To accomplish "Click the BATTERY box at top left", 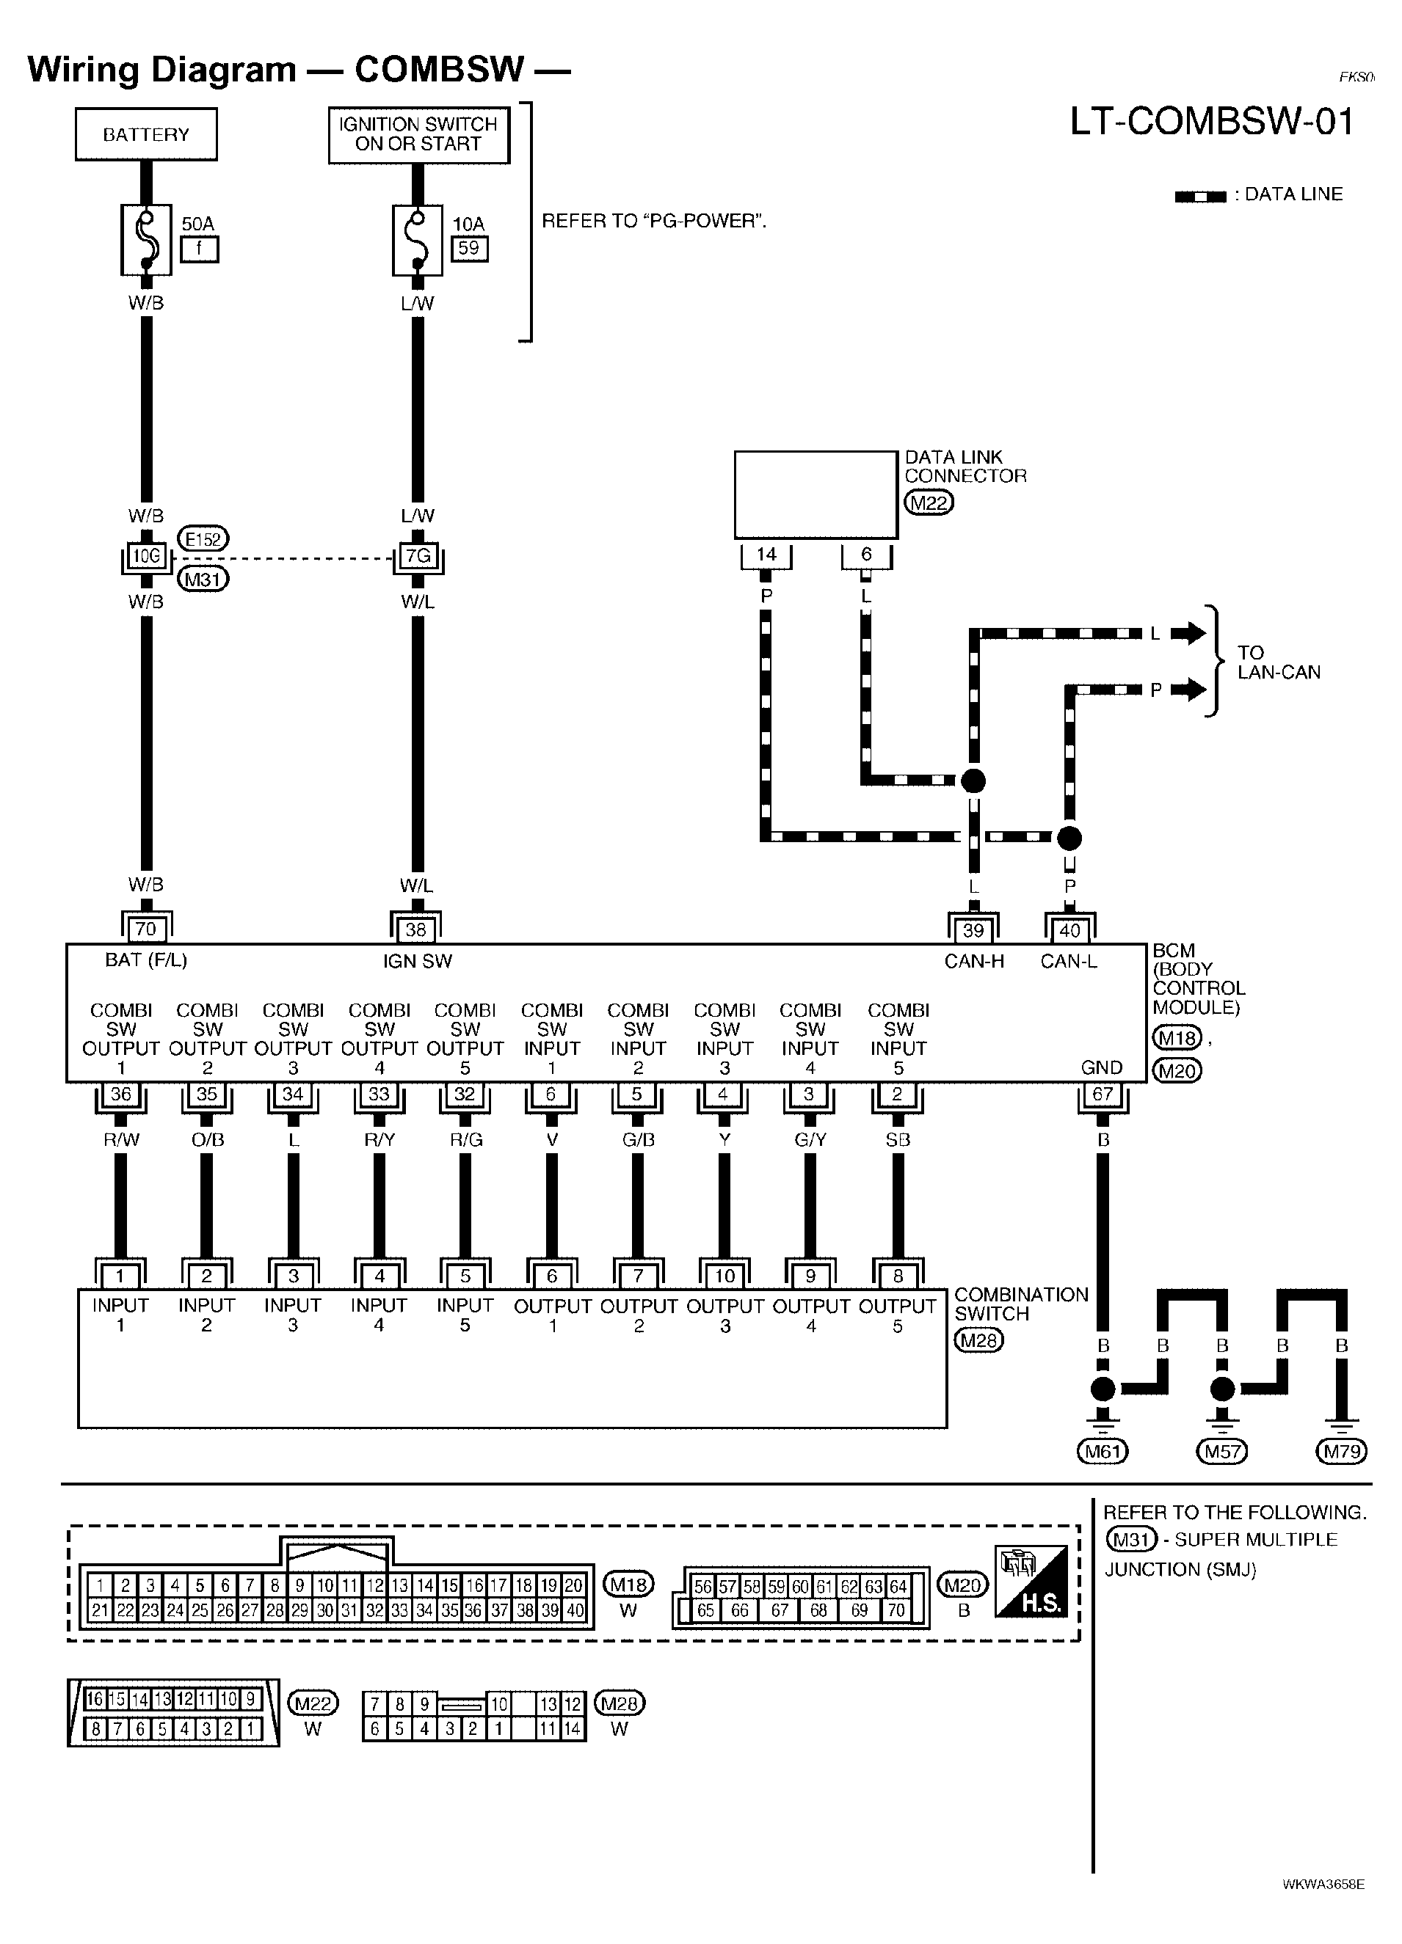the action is (146, 134).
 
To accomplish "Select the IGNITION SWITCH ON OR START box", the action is (418, 134).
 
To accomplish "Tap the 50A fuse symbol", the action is (146, 239).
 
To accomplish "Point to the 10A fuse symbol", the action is (418, 239).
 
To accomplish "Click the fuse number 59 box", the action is (469, 249).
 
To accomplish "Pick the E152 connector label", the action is (203, 539).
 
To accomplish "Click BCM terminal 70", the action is (146, 928).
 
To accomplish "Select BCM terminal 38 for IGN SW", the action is (416, 928).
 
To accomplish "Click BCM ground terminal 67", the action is (1103, 1095).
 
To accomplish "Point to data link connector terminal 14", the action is (766, 555).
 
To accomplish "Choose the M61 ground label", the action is (1103, 1451).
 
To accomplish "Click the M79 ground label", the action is (1342, 1451).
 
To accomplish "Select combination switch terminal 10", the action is (724, 1276).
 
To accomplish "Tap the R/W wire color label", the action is (121, 1140).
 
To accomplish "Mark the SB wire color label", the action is (898, 1140).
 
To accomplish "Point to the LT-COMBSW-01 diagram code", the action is (1212, 121).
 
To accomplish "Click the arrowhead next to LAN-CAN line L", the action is (1188, 633).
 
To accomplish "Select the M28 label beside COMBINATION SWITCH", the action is (979, 1340).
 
